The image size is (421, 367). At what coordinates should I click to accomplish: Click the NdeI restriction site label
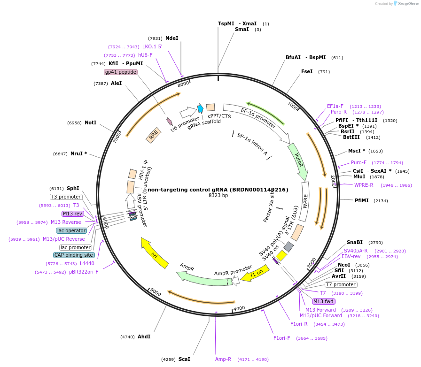(x=172, y=38)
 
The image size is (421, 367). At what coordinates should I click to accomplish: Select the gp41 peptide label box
(x=121, y=72)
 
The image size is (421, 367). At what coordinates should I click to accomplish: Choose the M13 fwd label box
(x=324, y=301)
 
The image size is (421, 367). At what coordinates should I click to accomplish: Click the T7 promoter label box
(x=341, y=284)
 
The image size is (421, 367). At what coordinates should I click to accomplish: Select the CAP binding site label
(x=74, y=255)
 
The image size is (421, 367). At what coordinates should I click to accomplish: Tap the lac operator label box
(x=71, y=230)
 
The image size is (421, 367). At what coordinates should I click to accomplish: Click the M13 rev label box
(x=73, y=214)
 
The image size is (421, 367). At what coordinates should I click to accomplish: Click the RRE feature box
(x=153, y=135)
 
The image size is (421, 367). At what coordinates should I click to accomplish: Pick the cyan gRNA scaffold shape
(x=200, y=108)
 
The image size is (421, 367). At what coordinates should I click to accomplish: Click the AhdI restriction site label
(x=144, y=336)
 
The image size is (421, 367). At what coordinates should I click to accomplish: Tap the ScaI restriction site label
(x=184, y=359)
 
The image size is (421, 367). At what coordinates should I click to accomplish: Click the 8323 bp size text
(x=218, y=195)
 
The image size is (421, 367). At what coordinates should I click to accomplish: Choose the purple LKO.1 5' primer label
(x=152, y=46)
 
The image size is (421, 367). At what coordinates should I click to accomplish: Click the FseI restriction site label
(x=307, y=71)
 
